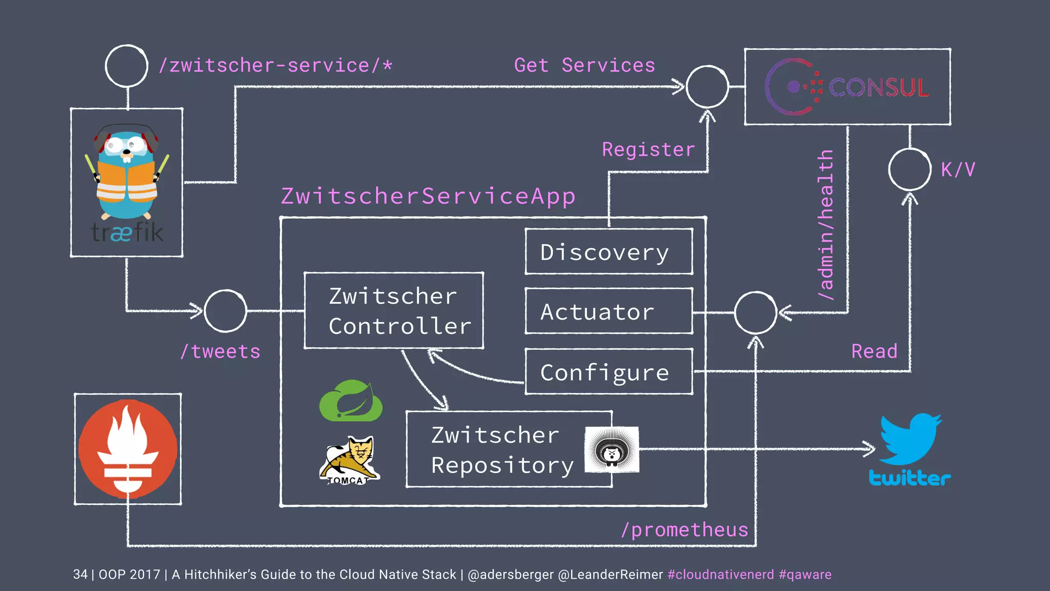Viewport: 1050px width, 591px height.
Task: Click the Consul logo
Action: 847,87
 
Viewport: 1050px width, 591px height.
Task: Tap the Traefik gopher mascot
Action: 127,172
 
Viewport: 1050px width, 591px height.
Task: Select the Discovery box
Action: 609,252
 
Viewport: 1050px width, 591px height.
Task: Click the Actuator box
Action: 609,311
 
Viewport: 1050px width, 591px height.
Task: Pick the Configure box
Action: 609,372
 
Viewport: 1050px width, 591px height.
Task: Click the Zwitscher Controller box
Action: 393,311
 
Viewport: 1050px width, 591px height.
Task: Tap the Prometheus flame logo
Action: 128,449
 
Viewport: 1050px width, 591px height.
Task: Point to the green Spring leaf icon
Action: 351,401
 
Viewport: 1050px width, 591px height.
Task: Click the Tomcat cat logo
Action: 350,460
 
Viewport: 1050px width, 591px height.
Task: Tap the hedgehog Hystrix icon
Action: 612,449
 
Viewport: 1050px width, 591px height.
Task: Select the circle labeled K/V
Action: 910,170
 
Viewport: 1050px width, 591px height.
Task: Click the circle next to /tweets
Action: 226,311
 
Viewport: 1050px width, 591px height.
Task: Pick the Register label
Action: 648,150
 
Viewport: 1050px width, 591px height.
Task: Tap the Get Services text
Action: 584,66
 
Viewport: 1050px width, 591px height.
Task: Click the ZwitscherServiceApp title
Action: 428,196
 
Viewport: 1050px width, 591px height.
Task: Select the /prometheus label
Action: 684,530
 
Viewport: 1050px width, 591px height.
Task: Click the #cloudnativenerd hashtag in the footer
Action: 720,575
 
